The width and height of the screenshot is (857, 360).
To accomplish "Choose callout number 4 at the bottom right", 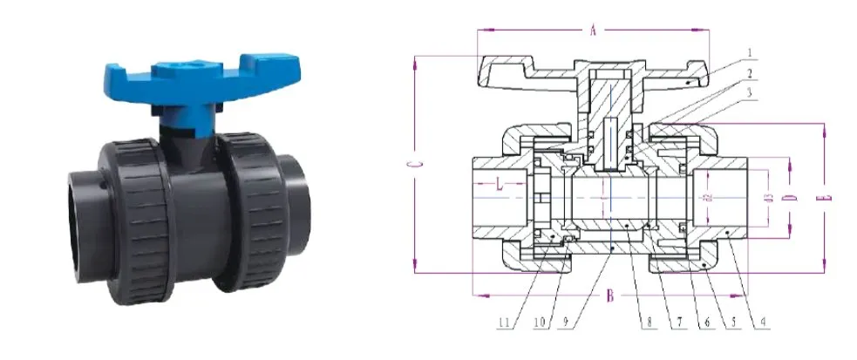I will pyautogui.click(x=764, y=324).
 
